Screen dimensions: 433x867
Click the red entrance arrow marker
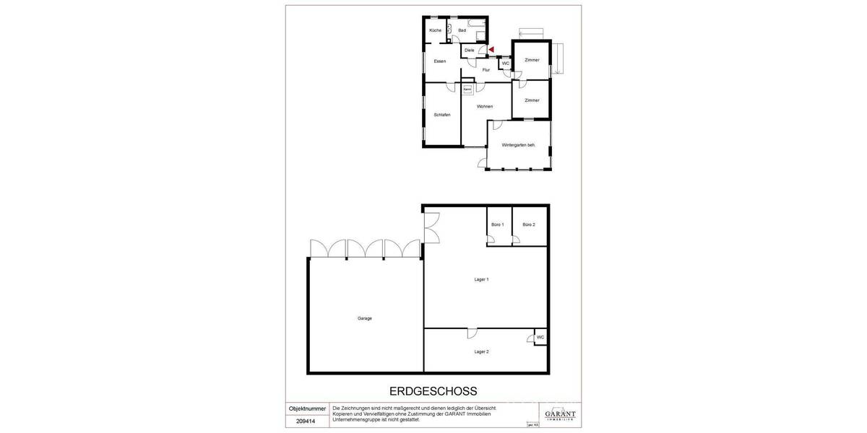pos(491,49)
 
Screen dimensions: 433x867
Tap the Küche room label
pos(435,30)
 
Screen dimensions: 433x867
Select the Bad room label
pos(462,30)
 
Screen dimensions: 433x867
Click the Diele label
pos(469,50)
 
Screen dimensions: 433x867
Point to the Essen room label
pos(440,61)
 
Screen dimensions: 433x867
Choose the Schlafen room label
pos(442,115)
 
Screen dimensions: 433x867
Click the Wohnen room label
pos(485,107)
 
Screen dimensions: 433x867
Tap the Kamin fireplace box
pos(467,89)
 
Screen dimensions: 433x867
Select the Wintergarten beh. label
pos(518,146)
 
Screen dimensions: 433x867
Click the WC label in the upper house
pos(506,64)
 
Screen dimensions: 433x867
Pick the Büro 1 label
pos(497,225)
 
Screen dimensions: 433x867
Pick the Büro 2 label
pos(529,225)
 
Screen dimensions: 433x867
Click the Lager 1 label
pos(482,279)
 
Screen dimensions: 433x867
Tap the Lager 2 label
pos(482,351)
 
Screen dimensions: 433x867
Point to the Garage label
pos(364,318)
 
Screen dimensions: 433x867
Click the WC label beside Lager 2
pos(540,337)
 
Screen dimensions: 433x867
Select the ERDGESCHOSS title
pos(433,392)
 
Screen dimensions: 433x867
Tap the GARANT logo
pos(560,414)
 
